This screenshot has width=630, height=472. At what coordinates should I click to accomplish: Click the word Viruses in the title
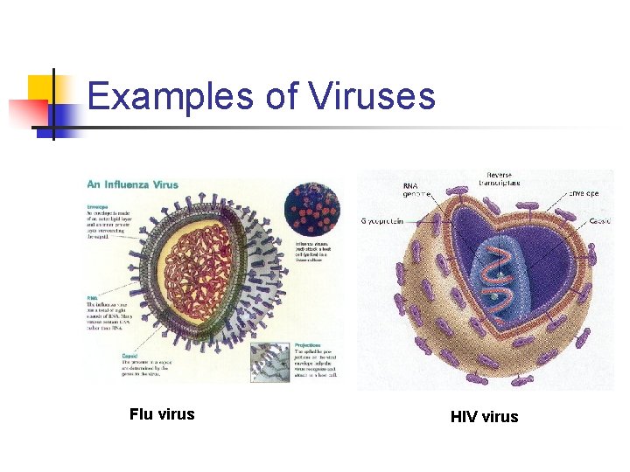click(371, 95)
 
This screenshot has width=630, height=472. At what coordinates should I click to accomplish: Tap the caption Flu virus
click(162, 414)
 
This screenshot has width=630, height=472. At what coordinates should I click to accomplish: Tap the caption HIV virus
click(484, 417)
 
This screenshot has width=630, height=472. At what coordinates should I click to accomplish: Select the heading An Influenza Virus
click(132, 184)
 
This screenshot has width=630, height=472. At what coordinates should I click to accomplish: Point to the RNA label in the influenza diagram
click(92, 297)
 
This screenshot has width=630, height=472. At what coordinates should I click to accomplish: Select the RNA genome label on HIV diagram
click(416, 191)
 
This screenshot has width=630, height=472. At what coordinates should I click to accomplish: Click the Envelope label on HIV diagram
click(582, 192)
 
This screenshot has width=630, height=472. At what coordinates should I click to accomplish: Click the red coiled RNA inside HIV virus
click(500, 280)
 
